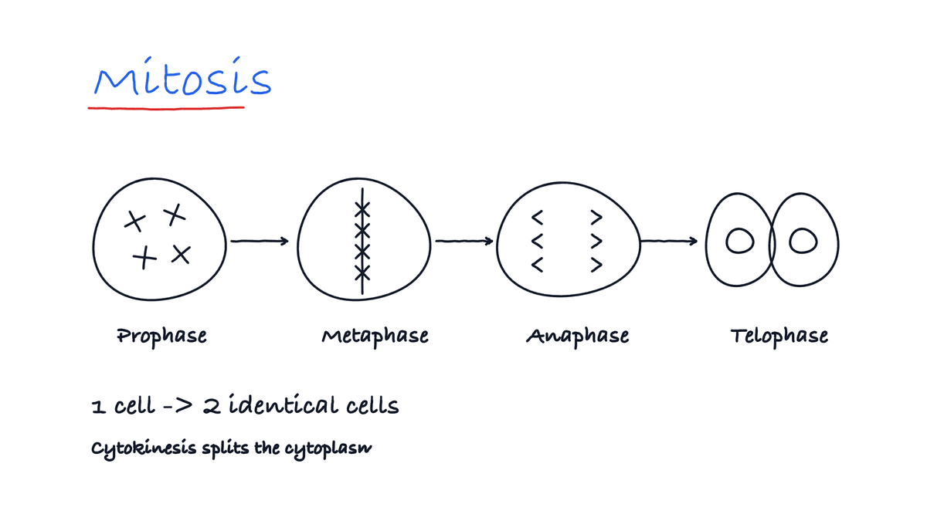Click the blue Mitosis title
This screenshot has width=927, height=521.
click(182, 77)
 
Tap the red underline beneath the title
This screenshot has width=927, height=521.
click(166, 108)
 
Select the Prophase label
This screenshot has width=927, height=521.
click(161, 337)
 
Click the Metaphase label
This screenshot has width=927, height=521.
click(375, 337)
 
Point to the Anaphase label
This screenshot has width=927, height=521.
click(577, 337)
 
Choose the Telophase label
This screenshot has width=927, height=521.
click(779, 337)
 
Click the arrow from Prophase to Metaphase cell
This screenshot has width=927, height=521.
click(260, 241)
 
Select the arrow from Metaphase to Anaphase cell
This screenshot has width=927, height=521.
click(464, 241)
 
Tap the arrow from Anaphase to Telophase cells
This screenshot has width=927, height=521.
click(669, 241)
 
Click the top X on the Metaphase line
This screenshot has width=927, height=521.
click(362, 209)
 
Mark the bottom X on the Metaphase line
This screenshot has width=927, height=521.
click(362, 273)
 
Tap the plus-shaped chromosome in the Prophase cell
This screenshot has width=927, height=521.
click(144, 257)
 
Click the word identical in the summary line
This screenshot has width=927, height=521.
click(284, 404)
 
